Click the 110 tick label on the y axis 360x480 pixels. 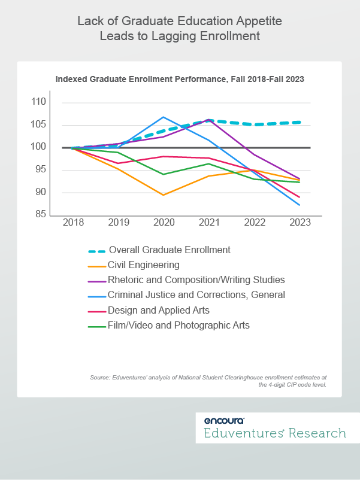38,102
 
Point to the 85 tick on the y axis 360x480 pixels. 41,214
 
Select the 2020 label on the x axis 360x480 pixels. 164,222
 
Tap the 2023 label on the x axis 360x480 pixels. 300,222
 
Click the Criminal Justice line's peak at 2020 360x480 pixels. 164,117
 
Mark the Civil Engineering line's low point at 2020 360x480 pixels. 164,195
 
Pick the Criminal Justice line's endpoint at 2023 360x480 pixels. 300,205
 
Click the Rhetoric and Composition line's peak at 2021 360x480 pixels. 209,120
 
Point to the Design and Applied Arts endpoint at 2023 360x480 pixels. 300,197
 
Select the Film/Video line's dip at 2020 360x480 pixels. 164,175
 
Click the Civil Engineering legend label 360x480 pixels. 143,265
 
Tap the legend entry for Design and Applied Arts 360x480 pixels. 158,310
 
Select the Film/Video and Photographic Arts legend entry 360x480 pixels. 179,325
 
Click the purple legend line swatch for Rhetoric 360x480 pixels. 97,281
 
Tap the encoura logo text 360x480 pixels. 224,420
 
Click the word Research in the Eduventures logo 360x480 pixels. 317,433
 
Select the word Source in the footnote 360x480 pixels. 100,378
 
